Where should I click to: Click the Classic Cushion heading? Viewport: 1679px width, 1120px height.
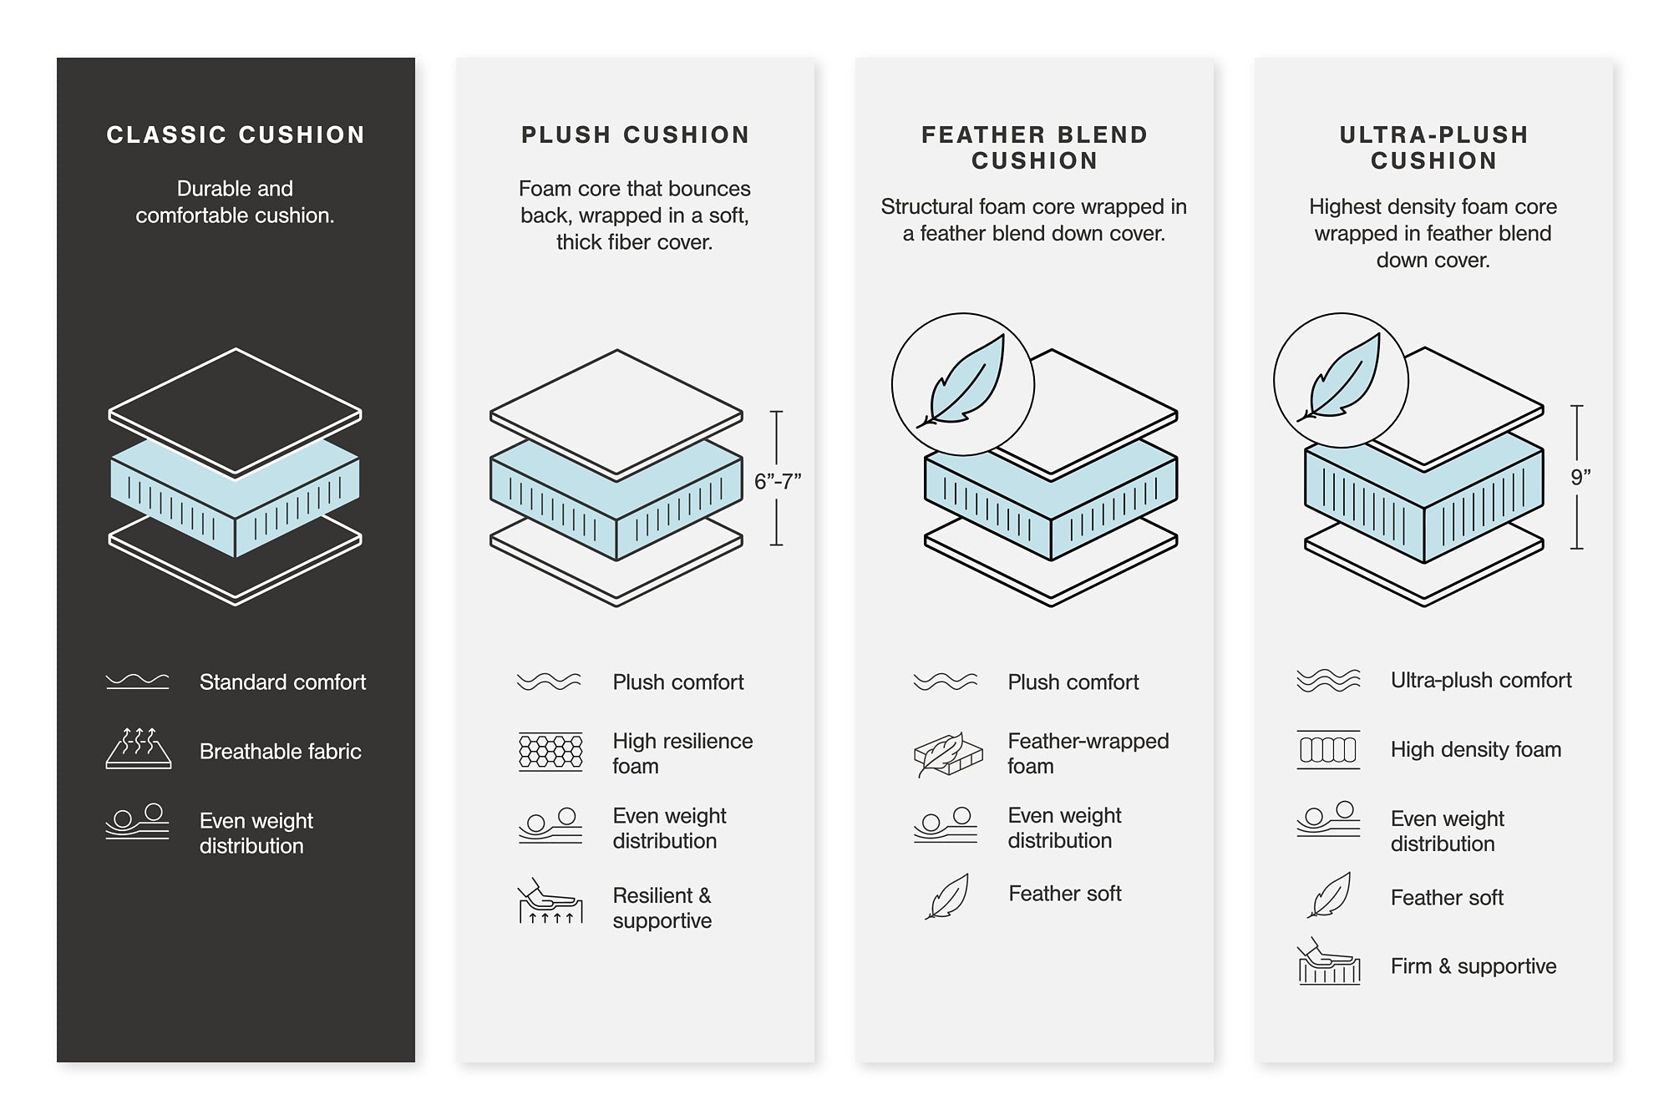click(236, 135)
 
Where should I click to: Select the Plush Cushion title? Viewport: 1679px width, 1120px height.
click(635, 135)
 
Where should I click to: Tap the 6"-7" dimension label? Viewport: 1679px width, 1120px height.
click(777, 481)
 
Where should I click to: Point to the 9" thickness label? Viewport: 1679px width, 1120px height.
click(1580, 478)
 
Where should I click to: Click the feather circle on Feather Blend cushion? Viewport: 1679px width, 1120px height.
click(963, 384)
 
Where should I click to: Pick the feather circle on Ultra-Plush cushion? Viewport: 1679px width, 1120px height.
click(1341, 380)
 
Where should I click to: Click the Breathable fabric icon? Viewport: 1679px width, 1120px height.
click(139, 748)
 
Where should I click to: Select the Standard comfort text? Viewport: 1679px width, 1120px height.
click(282, 682)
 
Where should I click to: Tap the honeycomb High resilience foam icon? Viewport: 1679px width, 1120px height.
click(550, 752)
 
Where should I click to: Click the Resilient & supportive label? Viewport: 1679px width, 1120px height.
click(662, 908)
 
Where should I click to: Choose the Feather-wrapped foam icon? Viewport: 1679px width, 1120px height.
click(947, 754)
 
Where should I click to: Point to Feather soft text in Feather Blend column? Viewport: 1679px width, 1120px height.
click(1064, 894)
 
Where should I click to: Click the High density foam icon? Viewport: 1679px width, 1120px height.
click(1328, 749)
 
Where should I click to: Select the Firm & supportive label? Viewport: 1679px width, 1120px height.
click(1473, 966)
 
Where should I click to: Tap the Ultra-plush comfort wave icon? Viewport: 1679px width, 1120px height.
click(1328, 681)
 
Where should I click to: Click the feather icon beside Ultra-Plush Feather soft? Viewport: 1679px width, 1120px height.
click(1330, 895)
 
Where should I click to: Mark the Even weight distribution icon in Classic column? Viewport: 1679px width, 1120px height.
click(138, 822)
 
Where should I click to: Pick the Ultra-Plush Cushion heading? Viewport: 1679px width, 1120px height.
click(1433, 148)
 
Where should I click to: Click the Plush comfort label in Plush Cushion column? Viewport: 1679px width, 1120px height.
click(677, 682)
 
